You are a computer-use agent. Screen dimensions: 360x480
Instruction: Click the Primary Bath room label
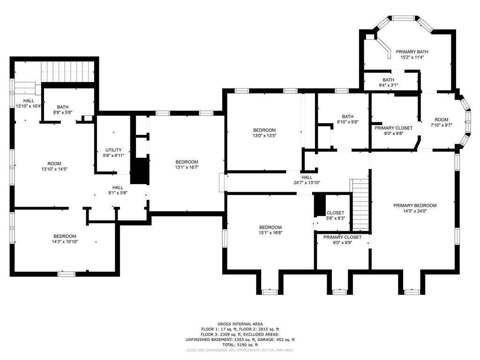click(x=412, y=52)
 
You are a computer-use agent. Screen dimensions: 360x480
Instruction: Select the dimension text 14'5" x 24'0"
click(x=415, y=211)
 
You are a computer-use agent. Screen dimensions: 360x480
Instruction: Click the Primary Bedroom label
click(x=415, y=205)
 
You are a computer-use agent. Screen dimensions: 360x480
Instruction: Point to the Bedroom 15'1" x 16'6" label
click(x=270, y=227)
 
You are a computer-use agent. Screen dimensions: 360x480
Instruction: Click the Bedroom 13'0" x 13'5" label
click(x=264, y=130)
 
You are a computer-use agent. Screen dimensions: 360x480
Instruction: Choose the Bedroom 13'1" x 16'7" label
click(x=187, y=162)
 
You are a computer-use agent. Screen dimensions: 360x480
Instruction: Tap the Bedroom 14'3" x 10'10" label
click(x=65, y=236)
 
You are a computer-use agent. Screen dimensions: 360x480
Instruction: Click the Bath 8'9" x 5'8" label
click(x=63, y=107)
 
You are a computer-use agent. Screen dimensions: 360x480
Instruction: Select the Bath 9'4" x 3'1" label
click(x=388, y=80)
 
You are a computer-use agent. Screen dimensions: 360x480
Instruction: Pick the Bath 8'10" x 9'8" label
click(x=347, y=117)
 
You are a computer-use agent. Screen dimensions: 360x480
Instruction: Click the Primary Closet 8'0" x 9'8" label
click(x=393, y=128)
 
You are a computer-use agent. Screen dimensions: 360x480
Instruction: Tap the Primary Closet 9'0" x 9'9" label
click(x=342, y=238)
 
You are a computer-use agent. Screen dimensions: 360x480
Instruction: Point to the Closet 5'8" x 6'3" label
click(x=335, y=213)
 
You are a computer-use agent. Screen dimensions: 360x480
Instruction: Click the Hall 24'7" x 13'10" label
click(x=307, y=177)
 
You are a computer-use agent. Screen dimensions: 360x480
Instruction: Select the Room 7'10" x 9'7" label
click(x=441, y=120)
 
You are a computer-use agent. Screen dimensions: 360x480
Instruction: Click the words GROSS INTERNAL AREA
click(x=240, y=324)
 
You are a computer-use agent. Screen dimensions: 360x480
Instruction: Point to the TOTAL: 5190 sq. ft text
click(x=240, y=345)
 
